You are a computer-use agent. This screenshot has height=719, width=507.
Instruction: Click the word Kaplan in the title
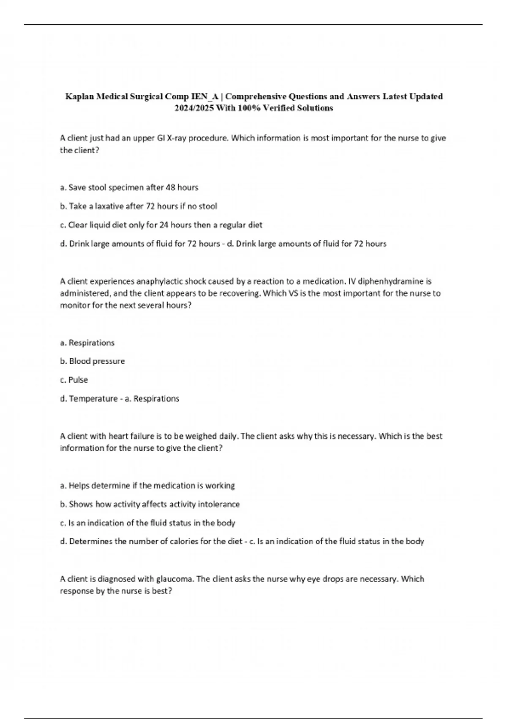pyautogui.click(x=79, y=97)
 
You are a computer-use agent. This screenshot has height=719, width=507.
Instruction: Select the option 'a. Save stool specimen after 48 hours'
pyautogui.click(x=129, y=187)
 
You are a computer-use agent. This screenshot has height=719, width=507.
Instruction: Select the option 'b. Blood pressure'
pyautogui.click(x=93, y=361)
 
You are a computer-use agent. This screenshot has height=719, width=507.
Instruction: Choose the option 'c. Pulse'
pyautogui.click(x=74, y=380)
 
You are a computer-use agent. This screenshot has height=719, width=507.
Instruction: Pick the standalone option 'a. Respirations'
pyautogui.click(x=87, y=343)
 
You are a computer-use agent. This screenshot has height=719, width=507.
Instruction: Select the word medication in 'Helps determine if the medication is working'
pyautogui.click(x=171, y=486)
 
